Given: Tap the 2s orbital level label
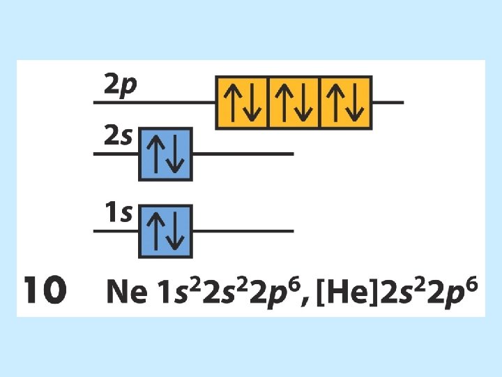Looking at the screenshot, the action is [118, 137].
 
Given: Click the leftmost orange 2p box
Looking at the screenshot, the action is [242, 102].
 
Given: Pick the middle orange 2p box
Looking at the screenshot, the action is [294, 102].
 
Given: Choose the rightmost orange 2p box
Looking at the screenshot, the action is [346, 102].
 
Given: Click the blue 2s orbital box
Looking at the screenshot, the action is [165, 154].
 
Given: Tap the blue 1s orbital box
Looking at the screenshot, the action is [165, 230].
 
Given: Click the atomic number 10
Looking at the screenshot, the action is [45, 290].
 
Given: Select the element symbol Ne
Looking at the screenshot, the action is [126, 291].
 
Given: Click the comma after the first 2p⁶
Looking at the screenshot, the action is [307, 300].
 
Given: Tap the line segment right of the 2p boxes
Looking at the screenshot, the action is [388, 103].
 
